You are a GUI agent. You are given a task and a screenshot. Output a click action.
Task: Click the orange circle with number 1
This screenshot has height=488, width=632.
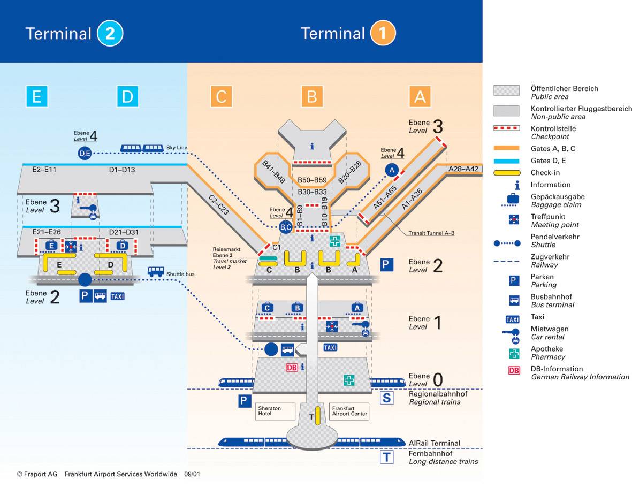tap(383, 33)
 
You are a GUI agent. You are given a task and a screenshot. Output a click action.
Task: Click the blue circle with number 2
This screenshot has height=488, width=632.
tap(110, 33)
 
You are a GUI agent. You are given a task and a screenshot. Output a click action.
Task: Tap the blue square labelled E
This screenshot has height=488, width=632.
tap(37, 97)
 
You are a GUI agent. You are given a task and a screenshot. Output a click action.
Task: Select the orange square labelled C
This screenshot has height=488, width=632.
tap(222, 97)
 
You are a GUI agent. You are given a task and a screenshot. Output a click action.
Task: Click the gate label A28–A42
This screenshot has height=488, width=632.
tap(463, 169)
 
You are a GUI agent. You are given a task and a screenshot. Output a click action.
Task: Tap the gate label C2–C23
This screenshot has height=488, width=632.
tap(219, 204)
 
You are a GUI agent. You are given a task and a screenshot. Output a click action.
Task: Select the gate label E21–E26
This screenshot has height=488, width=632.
tap(47, 232)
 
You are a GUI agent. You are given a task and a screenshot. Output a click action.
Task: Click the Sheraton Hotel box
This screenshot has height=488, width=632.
tap(275, 411)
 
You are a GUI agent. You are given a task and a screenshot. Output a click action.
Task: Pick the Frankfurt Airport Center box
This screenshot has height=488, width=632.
tap(349, 411)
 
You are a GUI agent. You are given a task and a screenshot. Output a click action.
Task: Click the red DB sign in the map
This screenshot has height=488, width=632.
tap(292, 368)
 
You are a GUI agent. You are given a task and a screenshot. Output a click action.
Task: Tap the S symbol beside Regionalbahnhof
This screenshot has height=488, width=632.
tap(386, 398)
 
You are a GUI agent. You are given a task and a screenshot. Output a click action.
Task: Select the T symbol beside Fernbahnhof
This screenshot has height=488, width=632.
tap(386, 457)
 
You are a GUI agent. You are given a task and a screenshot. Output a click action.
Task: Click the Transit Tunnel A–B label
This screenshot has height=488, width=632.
tap(431, 233)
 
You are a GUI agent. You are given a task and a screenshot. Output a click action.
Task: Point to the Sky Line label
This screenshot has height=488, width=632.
tap(177, 148)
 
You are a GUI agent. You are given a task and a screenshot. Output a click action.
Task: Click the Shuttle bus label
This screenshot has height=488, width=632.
tap(180, 274)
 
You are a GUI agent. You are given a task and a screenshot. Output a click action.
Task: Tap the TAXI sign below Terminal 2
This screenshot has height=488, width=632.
tap(117, 296)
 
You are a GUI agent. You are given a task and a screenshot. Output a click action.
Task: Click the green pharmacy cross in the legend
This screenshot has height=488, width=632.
tap(514, 353)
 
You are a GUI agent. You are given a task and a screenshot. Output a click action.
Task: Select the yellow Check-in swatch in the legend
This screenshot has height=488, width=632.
tap(507, 173)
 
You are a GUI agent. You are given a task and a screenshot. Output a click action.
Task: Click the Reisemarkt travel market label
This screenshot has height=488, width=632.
tap(230, 258)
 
